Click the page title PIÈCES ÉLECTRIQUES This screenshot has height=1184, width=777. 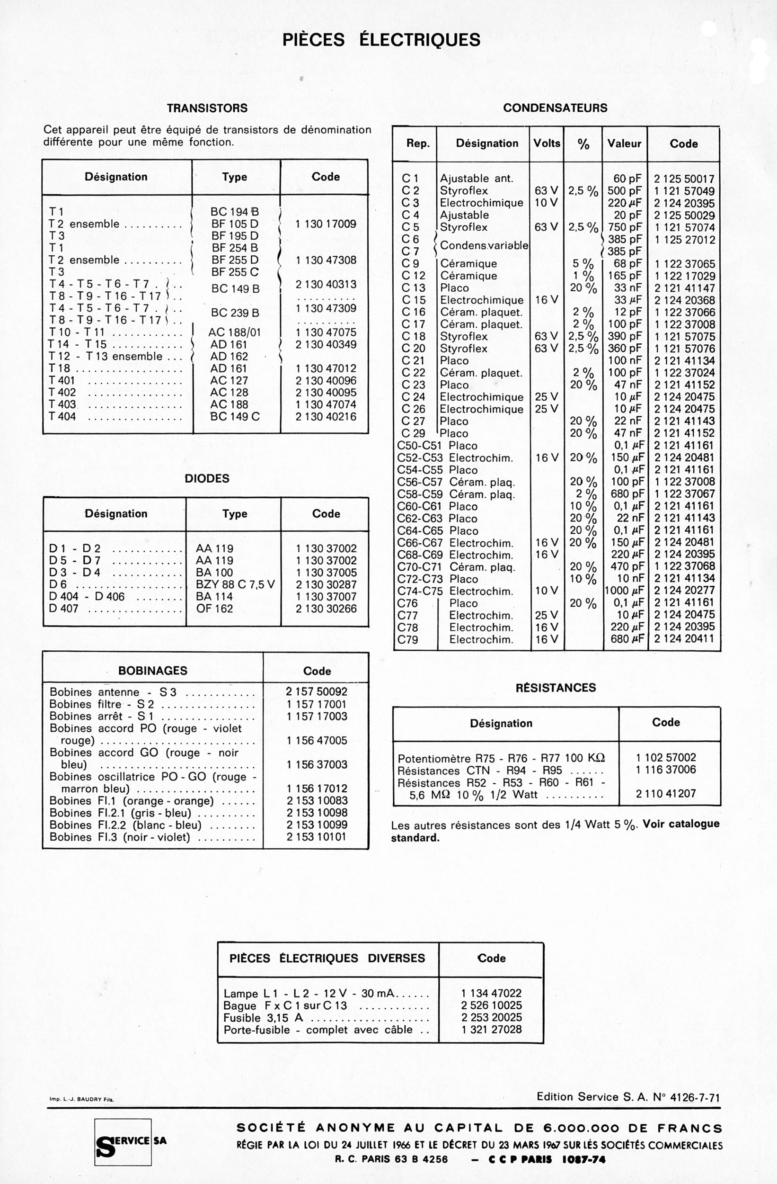pyautogui.click(x=381, y=40)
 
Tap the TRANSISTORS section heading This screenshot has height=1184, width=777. pyautogui.click(x=207, y=108)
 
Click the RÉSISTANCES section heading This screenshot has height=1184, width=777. pyautogui.click(x=555, y=688)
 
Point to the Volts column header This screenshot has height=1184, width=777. pyautogui.click(x=547, y=144)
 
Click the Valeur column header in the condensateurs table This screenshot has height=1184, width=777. pyautogui.click(x=624, y=144)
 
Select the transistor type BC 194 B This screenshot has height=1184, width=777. pyautogui.click(x=235, y=212)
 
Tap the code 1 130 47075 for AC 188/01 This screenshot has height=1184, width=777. pyautogui.click(x=326, y=332)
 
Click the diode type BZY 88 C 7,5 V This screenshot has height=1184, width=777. pyautogui.click(x=235, y=584)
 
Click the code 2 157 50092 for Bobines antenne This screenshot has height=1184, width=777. pyautogui.click(x=316, y=691)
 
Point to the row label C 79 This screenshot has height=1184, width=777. pyautogui.click(x=407, y=640)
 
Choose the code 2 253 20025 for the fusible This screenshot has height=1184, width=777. pyautogui.click(x=491, y=1017)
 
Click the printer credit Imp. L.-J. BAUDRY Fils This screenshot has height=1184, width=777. pyautogui.click(x=81, y=1099)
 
